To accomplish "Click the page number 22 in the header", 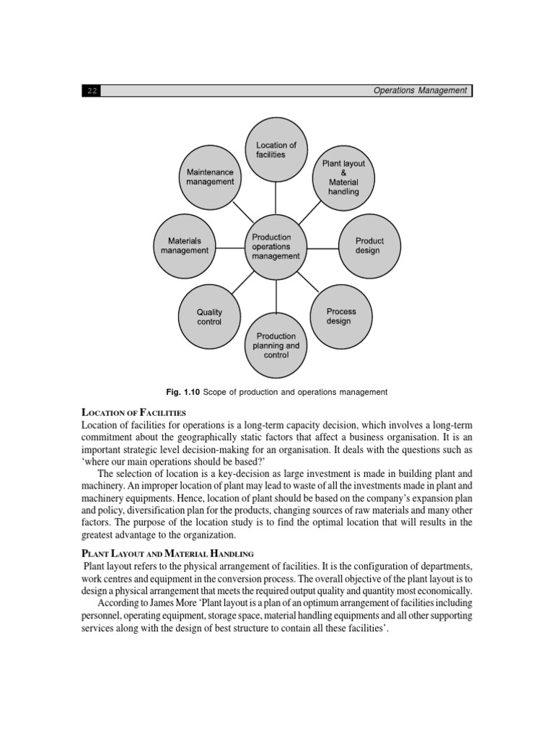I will (92, 91).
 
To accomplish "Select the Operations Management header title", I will (420, 90).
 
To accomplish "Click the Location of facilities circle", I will (276, 149).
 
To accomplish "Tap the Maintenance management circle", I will (210, 177).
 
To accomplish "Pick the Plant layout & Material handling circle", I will (343, 178).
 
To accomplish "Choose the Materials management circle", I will (184, 245).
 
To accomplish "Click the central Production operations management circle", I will (276, 247).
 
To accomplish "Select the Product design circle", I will (369, 245).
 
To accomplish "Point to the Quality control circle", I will (209, 317).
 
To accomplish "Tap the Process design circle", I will (340, 316).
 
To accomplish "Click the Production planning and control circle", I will (276, 346).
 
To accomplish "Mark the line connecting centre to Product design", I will (322, 248).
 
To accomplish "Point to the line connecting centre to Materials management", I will (230, 248).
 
